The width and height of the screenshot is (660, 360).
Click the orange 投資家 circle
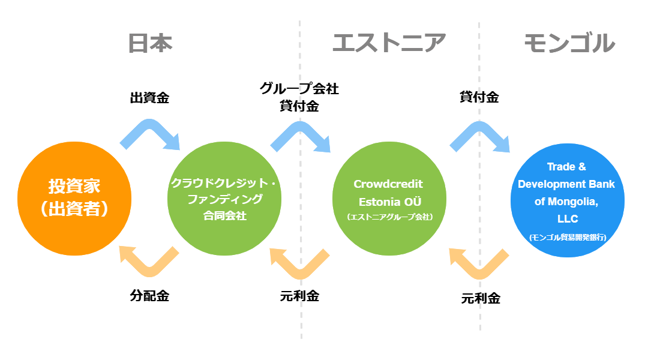pyautogui.click(x=74, y=199)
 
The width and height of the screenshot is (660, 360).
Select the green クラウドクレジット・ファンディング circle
pyautogui.click(x=224, y=199)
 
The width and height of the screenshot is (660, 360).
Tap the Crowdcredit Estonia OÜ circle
pyautogui.click(x=389, y=199)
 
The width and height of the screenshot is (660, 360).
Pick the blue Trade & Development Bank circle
pyautogui.click(x=568, y=200)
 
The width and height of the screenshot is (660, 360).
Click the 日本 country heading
pyautogui.click(x=150, y=43)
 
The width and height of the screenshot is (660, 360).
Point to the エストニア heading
pyautogui.click(x=389, y=43)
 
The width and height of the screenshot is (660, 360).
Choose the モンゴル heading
pyautogui.click(x=569, y=43)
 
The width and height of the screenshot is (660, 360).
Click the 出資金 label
pyautogui.click(x=149, y=98)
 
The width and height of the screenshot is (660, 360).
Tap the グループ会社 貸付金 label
pyautogui.click(x=299, y=97)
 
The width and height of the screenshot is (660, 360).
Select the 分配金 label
pyautogui.click(x=149, y=296)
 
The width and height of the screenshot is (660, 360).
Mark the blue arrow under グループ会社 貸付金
pyautogui.click(x=299, y=127)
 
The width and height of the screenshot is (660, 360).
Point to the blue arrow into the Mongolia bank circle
pyautogui.click(x=479, y=127)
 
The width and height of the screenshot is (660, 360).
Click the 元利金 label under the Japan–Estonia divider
pyautogui.click(x=299, y=296)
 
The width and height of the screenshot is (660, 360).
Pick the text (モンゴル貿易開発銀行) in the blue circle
pyautogui.click(x=568, y=237)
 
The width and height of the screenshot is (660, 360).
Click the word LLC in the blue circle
pyautogui.click(x=568, y=219)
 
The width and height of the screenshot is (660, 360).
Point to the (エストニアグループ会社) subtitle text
pyautogui.click(x=390, y=217)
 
